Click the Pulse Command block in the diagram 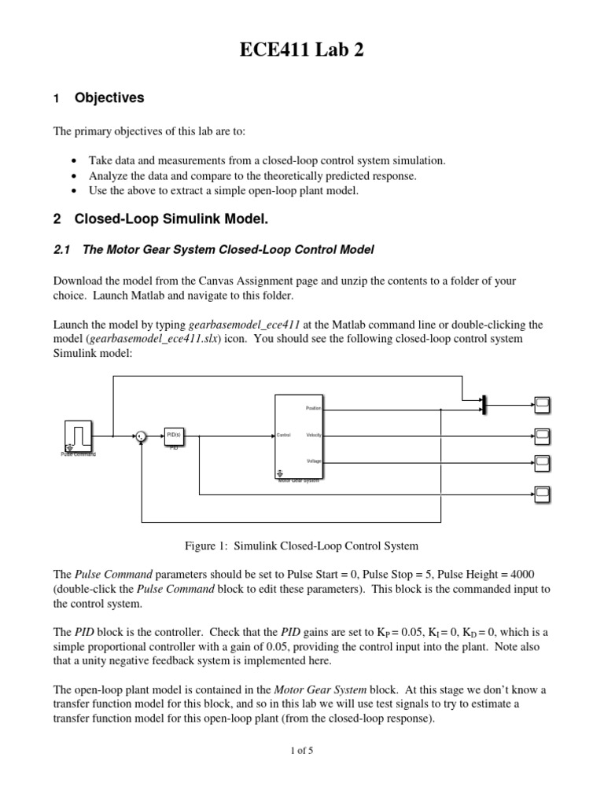[x=79, y=435]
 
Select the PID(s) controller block [x=174, y=435]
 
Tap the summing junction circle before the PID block [x=140, y=435]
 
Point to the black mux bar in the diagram [x=484, y=404]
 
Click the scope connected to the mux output [x=543, y=404]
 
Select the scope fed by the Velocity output [x=543, y=435]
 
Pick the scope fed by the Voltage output [x=543, y=461]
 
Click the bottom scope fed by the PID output [x=543, y=494]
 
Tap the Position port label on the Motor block [x=314, y=408]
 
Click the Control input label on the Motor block [x=284, y=435]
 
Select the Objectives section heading [x=109, y=98]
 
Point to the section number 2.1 [x=62, y=250]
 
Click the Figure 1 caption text [x=301, y=546]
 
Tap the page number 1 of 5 [x=301, y=750]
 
